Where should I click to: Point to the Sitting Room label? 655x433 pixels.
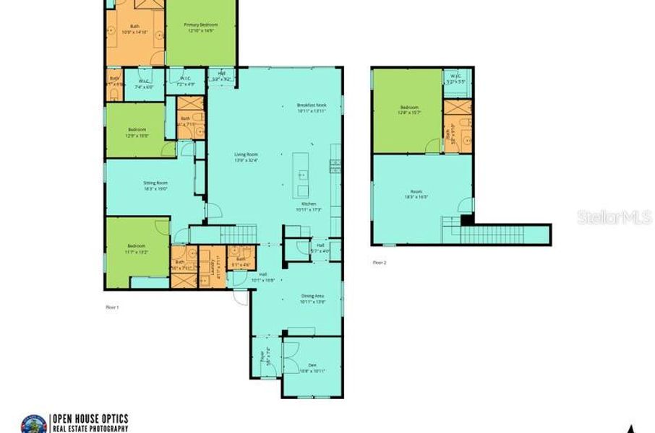pos(155,185)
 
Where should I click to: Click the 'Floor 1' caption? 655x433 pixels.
pos(112,307)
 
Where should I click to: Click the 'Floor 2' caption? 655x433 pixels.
pos(380,263)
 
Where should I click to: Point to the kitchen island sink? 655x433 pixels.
pos(303,175)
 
